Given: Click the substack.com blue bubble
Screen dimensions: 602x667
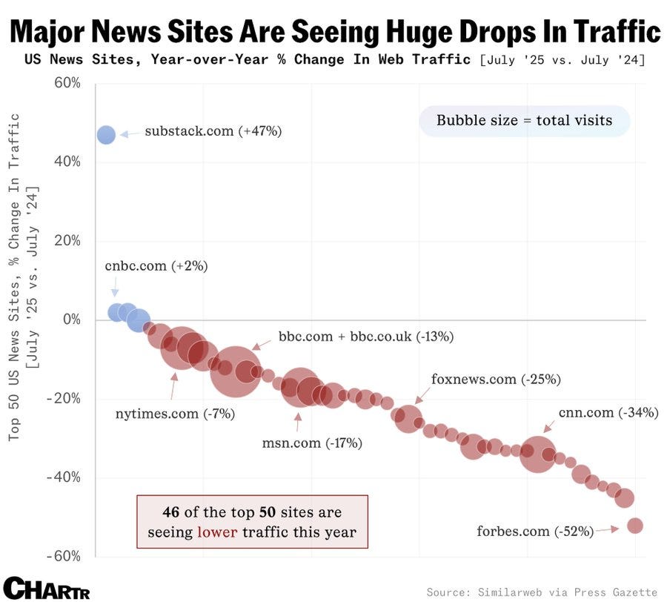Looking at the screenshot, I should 106,134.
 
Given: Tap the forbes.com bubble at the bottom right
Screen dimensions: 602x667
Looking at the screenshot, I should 634,526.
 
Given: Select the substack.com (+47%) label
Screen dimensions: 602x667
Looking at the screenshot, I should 213,131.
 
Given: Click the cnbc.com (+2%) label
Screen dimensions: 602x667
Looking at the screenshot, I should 156,265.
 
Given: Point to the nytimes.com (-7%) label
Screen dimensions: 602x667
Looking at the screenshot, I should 175,414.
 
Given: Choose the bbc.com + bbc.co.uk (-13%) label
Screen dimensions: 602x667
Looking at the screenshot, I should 365,336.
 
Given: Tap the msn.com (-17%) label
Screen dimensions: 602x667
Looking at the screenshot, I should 312,443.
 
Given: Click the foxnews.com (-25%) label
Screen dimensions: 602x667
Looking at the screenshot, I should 496,379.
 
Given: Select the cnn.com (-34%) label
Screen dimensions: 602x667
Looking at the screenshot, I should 608,413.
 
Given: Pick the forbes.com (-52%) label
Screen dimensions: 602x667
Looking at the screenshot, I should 535,531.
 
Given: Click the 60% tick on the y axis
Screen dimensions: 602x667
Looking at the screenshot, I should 66,82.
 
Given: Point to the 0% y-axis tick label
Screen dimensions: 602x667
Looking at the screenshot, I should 71,320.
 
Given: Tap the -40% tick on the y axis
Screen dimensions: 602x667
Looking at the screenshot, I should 63,477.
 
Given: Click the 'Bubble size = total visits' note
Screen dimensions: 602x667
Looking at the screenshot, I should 524,120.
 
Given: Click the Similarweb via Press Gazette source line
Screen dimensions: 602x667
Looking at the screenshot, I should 542,592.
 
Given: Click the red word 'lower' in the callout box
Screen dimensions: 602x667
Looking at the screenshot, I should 217,532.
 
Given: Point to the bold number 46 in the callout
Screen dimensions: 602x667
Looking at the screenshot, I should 172,512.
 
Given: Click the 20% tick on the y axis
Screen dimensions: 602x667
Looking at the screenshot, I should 66,240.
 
